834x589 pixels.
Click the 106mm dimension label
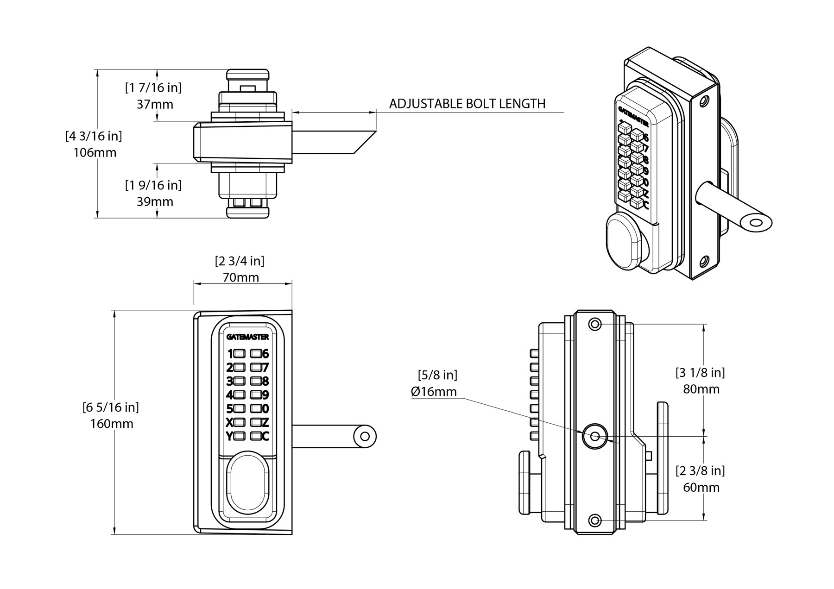click(x=95, y=152)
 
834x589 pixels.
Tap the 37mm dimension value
click(x=155, y=105)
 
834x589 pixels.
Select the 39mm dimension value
click(x=155, y=202)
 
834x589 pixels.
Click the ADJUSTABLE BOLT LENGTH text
click(x=467, y=104)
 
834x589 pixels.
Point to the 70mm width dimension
click(x=240, y=278)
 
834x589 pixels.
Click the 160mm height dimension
click(x=112, y=424)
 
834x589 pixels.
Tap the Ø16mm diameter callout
click(x=434, y=392)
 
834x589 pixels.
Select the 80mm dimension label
click(x=701, y=389)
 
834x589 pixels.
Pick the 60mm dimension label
click(x=701, y=487)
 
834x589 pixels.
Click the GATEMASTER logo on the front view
click(x=247, y=337)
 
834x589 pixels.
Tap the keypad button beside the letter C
click(x=255, y=436)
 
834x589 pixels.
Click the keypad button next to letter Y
click(x=240, y=436)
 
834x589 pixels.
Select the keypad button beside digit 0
click(x=255, y=408)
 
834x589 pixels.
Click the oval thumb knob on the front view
click(x=247, y=487)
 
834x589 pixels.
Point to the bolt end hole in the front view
click(x=365, y=436)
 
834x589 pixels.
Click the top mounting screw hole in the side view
click(x=595, y=324)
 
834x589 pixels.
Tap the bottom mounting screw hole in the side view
click(x=595, y=520)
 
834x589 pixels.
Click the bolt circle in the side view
click(x=594, y=436)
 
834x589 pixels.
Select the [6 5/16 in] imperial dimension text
click(x=111, y=407)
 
